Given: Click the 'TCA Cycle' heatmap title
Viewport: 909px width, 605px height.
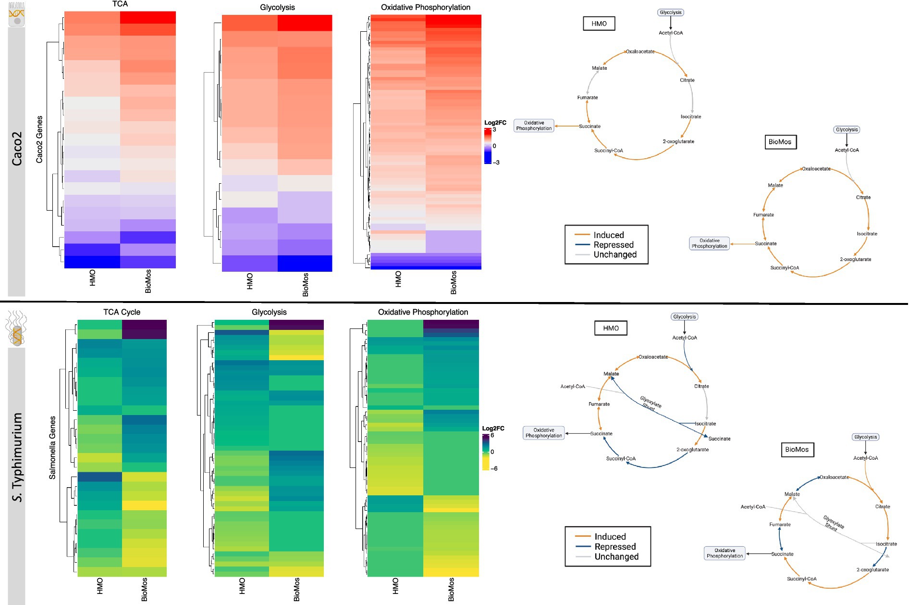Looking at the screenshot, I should pyautogui.click(x=122, y=312).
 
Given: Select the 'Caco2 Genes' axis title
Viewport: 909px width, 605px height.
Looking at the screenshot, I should pyautogui.click(x=39, y=139).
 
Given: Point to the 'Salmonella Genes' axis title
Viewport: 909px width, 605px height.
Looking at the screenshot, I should pyautogui.click(x=52, y=448).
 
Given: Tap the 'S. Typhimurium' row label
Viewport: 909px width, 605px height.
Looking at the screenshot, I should pyautogui.click(x=17, y=457).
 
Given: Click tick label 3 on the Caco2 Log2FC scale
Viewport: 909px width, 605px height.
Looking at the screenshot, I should pyautogui.click(x=494, y=129).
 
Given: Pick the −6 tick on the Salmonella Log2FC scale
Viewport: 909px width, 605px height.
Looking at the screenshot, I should pyautogui.click(x=494, y=468).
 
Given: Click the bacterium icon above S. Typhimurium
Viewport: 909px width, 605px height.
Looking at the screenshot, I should pyautogui.click(x=16, y=328).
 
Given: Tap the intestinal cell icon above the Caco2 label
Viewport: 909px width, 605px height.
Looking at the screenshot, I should pyautogui.click(x=16, y=14).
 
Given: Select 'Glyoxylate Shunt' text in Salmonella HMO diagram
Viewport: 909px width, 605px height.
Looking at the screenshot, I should pyautogui.click(x=650, y=403).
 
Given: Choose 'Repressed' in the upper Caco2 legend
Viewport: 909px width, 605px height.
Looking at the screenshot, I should pyautogui.click(x=614, y=245).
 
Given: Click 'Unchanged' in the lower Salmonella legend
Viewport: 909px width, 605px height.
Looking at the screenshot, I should pyautogui.click(x=616, y=557).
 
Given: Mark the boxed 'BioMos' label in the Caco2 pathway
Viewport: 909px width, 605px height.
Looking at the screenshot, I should pyautogui.click(x=780, y=142).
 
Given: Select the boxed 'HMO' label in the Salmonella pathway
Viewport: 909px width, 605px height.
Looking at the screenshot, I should pyautogui.click(x=611, y=328).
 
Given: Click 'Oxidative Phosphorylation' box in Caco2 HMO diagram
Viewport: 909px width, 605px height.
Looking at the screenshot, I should pyautogui.click(x=534, y=126).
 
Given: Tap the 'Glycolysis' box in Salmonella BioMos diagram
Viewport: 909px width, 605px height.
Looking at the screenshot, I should pyautogui.click(x=865, y=437).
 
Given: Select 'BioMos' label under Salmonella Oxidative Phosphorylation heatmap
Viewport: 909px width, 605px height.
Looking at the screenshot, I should pyautogui.click(x=451, y=590).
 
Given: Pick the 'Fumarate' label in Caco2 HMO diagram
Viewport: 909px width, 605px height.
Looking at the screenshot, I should pyautogui.click(x=588, y=98).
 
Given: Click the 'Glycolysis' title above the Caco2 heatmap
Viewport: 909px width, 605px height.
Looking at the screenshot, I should pyautogui.click(x=277, y=8).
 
